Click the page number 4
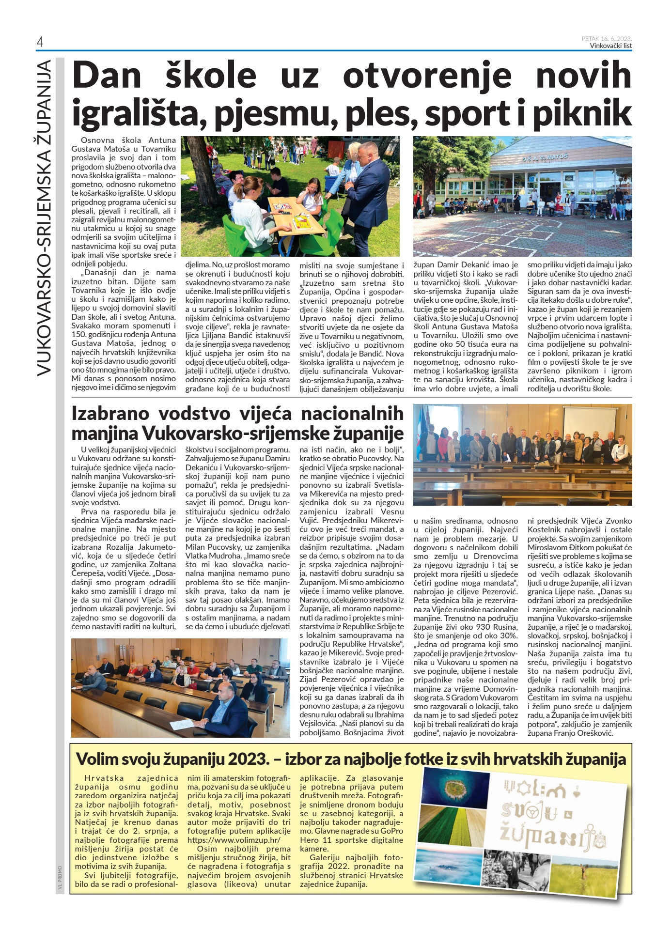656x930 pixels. [40, 43]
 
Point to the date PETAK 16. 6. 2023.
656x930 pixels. [607, 39]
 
